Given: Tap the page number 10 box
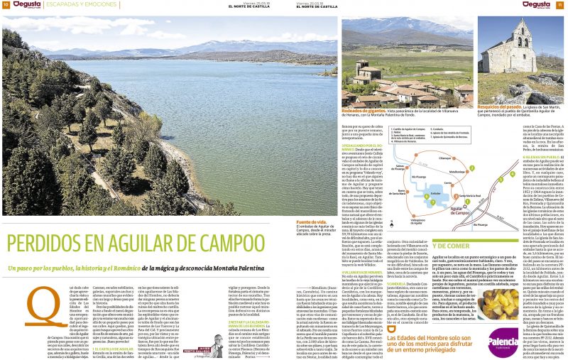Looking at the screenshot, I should [5, 5].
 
